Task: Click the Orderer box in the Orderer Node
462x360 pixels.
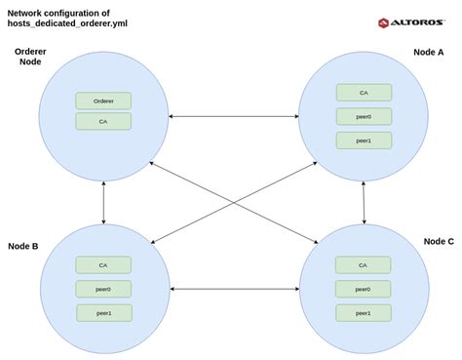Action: tap(103, 100)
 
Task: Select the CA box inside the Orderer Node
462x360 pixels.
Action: tap(103, 122)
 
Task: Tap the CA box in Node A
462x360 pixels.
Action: tap(364, 93)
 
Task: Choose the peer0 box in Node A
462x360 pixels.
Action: tap(364, 116)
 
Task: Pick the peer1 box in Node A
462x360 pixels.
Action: tap(364, 140)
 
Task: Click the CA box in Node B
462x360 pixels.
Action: tap(103, 264)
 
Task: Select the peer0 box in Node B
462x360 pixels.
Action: tap(103, 289)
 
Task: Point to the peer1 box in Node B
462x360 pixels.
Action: tap(103, 313)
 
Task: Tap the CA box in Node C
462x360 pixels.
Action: tap(363, 264)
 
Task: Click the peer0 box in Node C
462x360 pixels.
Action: tap(363, 289)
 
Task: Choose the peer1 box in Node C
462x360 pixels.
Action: tap(363, 313)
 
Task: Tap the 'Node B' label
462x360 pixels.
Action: tap(22, 246)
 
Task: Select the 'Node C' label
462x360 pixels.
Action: tap(438, 240)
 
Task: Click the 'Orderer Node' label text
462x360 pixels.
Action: tap(31, 56)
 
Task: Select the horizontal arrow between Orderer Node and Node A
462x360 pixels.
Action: tap(233, 118)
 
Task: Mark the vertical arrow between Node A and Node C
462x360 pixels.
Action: tap(364, 202)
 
